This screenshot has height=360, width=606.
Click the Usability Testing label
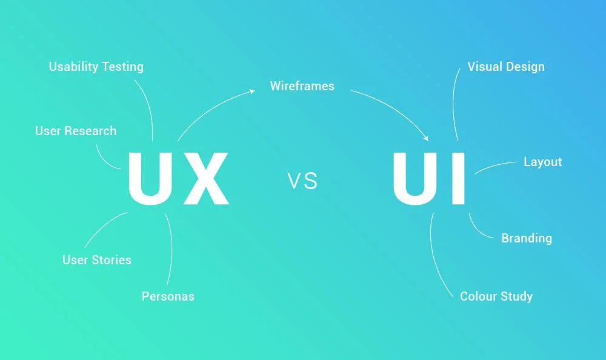96,66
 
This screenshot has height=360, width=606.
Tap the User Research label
76,131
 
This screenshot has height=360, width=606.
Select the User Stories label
97,260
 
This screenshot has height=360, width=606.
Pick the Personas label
168,296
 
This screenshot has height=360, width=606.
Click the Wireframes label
302,86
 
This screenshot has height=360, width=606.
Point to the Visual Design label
506,67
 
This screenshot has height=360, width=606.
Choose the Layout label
542,162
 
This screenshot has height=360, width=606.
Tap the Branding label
527,238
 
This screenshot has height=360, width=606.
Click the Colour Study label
496,296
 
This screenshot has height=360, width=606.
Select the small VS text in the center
302,181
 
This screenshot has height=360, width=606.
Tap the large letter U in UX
149,178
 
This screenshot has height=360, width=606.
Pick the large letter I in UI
459,178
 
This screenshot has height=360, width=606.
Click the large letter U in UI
417,178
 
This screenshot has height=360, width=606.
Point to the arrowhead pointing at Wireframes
253,92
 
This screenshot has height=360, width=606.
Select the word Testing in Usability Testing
123,67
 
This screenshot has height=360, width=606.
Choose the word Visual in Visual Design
485,67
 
